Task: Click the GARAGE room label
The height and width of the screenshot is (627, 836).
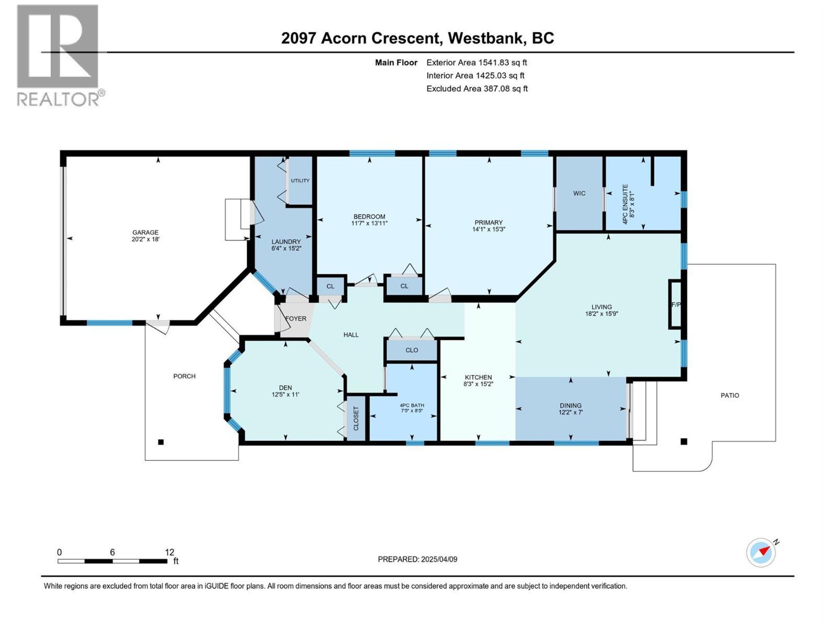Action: tap(145, 233)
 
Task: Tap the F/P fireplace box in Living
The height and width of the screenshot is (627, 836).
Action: tap(675, 305)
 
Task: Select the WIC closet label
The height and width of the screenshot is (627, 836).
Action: tap(579, 193)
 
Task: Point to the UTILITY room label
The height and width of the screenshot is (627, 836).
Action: tap(300, 181)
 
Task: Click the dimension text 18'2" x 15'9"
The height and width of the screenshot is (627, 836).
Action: tap(601, 315)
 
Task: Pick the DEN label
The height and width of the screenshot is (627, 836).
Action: tap(285, 388)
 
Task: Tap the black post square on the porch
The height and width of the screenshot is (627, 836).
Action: tap(161, 442)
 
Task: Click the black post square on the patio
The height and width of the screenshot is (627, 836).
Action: tap(683, 442)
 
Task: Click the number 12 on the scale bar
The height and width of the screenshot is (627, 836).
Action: tap(169, 552)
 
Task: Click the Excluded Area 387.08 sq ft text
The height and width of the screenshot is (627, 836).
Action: tap(477, 89)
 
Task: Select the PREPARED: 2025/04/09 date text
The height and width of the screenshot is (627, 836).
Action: tap(417, 559)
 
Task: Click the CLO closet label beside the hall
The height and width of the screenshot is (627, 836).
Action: tap(412, 350)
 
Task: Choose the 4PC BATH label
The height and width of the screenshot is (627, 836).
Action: tap(412, 405)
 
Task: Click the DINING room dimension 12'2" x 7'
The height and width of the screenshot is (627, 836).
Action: tap(570, 412)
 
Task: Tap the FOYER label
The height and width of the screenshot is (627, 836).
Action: tap(296, 318)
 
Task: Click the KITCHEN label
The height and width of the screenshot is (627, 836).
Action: tap(478, 377)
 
